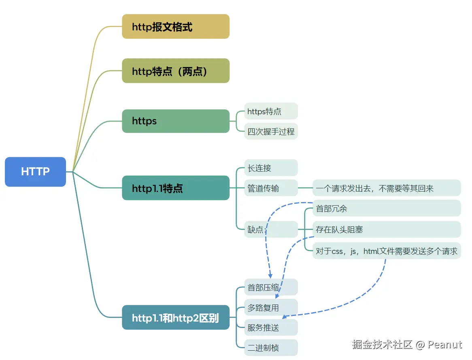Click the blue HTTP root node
click(x=35, y=172)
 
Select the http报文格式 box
click(x=176, y=27)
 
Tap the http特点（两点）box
click(x=176, y=71)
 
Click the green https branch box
click(x=176, y=121)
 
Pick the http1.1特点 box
click(x=176, y=188)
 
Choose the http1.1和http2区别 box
click(x=176, y=317)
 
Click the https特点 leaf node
click(x=271, y=111)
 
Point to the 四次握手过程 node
click(x=271, y=131)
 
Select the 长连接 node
click(x=271, y=168)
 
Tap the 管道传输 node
click(x=271, y=188)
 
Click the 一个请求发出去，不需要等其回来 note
click(x=387, y=188)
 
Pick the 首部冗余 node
click(x=387, y=208)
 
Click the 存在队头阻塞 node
click(x=387, y=229)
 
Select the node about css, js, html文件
click(x=387, y=251)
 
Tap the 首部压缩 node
click(x=271, y=287)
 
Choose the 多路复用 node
click(x=271, y=307)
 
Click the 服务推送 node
click(x=271, y=327)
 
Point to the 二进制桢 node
click(x=271, y=347)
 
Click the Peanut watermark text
click(x=445, y=345)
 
